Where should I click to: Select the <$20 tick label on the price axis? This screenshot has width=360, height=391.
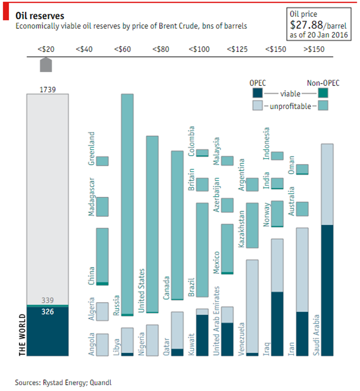coord(46,49)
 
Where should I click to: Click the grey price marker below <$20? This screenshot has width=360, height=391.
coord(46,65)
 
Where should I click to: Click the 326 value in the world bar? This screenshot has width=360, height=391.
coord(47,311)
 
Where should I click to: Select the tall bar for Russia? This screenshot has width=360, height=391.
coord(127,203)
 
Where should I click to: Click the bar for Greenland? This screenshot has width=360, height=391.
coord(102,161)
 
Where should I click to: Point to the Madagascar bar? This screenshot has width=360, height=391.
coord(102,206)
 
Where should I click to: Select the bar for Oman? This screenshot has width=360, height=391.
coord(302,169)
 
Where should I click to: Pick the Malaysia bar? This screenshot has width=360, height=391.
coord(227,161)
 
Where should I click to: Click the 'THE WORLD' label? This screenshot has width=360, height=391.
coord(23,336)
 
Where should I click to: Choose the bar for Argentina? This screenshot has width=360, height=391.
coord(252,184)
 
